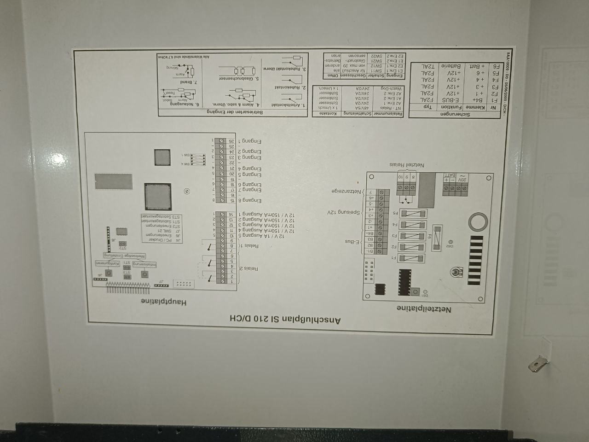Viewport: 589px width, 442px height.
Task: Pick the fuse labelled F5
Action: pos(412,213)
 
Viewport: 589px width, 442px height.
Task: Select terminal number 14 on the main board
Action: pos(231,214)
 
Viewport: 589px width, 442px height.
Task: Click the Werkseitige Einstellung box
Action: pos(124,255)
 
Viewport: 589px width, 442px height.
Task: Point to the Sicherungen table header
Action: pos(454,114)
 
